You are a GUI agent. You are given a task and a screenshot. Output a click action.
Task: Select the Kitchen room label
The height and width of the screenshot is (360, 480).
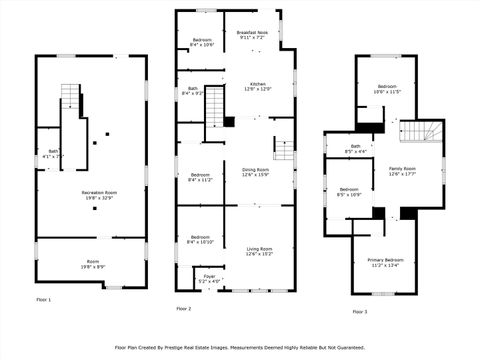257,86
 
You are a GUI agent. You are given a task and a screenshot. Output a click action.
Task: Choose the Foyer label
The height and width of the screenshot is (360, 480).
209,278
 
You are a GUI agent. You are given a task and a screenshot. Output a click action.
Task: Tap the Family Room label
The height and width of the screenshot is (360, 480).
402,171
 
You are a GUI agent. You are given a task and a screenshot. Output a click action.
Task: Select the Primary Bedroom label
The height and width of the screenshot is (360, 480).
385,262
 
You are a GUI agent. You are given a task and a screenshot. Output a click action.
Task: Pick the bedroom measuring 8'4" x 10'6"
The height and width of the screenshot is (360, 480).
201,42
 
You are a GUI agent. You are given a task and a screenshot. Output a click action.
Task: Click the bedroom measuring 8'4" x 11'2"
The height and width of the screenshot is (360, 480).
200,178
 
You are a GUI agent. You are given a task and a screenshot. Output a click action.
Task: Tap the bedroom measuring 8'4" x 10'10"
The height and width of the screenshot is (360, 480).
200,240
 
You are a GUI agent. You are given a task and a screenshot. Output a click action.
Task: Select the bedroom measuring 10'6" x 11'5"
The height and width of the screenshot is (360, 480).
386,89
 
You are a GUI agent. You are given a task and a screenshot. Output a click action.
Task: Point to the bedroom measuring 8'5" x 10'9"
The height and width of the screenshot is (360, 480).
349,191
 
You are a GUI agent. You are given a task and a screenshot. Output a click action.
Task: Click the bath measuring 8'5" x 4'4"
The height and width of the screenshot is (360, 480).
355,150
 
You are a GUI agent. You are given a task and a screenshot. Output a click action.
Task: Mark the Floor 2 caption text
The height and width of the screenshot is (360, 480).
183,309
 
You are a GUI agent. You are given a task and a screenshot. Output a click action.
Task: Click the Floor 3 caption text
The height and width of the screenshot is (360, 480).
358,312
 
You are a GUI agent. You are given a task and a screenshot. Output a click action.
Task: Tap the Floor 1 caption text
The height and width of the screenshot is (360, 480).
43,299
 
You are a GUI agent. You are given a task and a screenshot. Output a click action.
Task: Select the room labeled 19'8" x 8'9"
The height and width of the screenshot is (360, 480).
93,265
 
